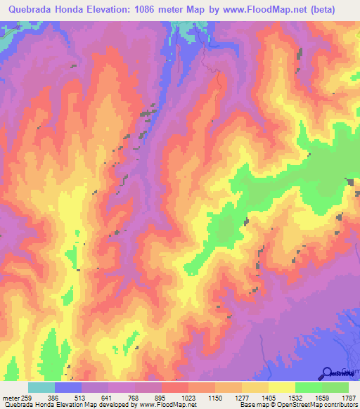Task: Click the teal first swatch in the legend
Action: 41,387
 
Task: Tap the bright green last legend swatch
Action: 335,387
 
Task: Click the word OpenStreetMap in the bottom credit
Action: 298,405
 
